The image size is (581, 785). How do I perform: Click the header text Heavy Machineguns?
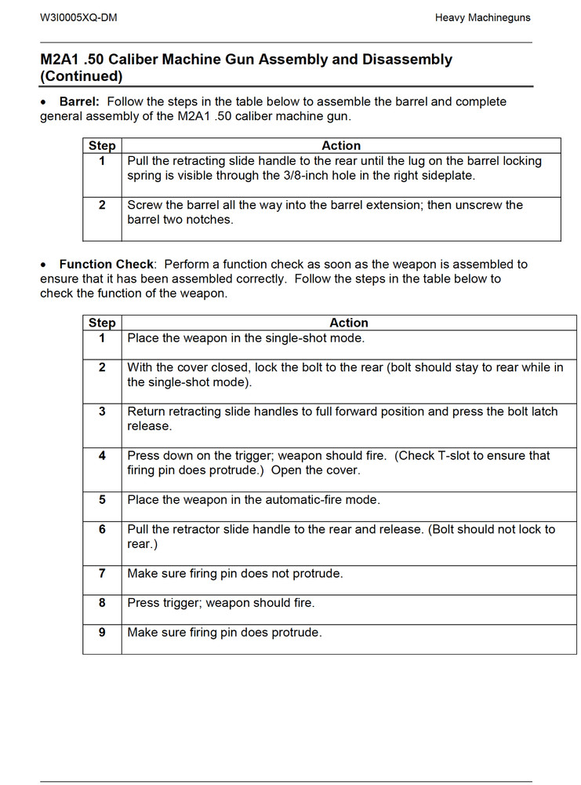483,17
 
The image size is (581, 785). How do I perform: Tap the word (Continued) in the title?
82,77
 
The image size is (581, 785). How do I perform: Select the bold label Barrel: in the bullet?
79,102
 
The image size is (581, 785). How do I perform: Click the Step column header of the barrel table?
102,146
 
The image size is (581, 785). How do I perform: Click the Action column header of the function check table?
348,323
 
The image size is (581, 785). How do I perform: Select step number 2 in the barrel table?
102,205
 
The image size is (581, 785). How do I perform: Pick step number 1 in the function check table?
102,338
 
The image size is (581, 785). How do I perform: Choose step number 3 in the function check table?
102,411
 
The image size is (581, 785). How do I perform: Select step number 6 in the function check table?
102,529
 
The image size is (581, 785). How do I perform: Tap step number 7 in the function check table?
102,574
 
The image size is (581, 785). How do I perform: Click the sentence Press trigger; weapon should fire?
221,603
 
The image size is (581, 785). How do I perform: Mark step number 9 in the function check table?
102,632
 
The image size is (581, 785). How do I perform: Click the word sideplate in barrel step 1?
447,176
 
